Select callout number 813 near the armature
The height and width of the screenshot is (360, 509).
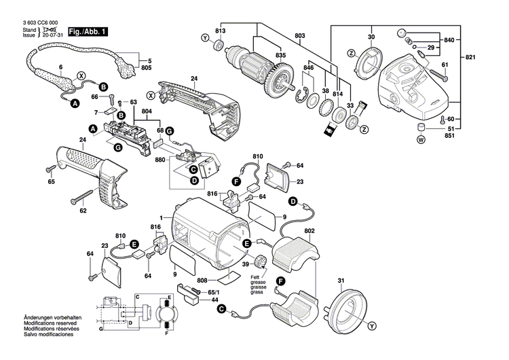pyautogui.click(x=221, y=31)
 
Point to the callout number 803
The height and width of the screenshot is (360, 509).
pyautogui.click(x=300, y=36)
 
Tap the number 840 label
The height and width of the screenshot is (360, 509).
pyautogui.click(x=448, y=41)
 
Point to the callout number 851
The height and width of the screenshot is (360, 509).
pyautogui.click(x=449, y=136)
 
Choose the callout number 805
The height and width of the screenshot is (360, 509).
pyautogui.click(x=146, y=69)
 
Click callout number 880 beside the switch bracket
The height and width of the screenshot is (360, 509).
pyautogui.click(x=160, y=160)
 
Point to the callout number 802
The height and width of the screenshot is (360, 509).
pyautogui.click(x=310, y=232)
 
